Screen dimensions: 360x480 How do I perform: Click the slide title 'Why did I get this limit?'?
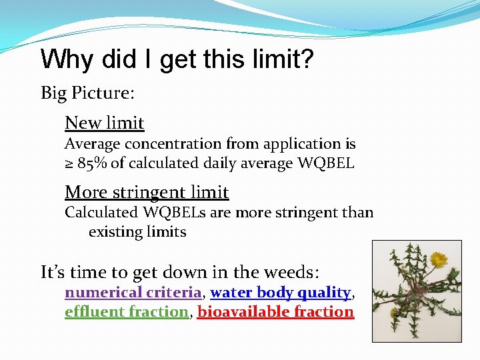point(177,60)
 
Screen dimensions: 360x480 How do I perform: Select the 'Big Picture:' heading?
point(87,93)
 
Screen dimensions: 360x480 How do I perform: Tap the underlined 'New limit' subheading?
point(104,123)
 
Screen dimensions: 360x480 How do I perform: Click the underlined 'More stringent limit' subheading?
point(147,193)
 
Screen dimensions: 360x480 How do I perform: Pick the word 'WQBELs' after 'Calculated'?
point(167,213)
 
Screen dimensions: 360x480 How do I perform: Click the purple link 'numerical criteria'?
point(133,293)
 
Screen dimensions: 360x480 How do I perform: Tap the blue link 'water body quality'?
point(281,293)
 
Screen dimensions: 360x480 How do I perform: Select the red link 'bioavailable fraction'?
point(275,312)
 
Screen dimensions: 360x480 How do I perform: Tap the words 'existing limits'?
point(137,232)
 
